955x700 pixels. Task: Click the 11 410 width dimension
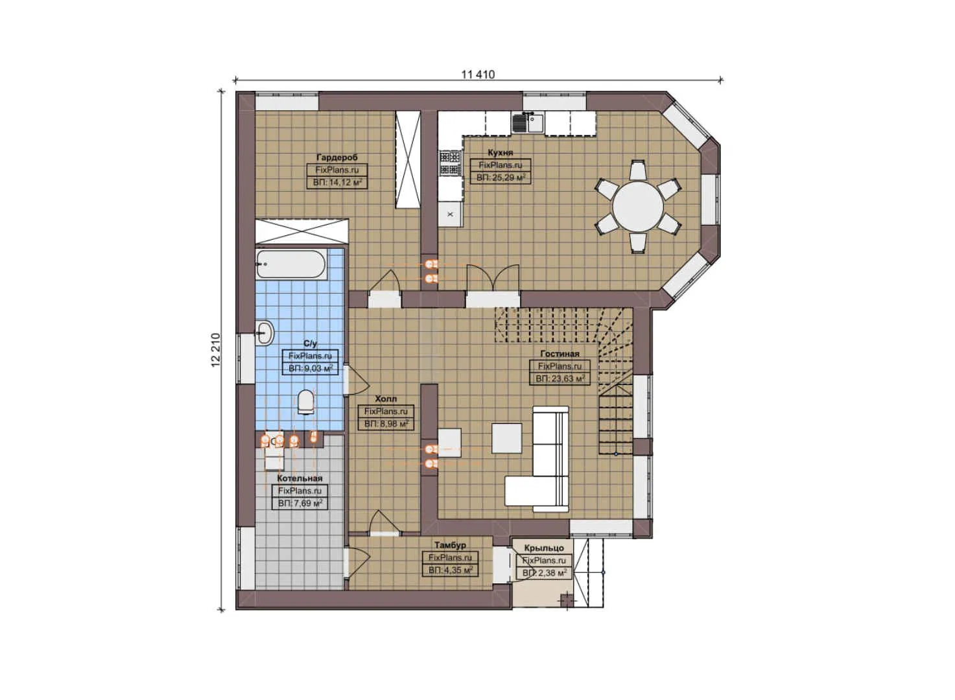click(478, 75)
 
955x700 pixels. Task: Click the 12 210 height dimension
click(217, 351)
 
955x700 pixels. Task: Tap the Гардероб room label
click(336, 157)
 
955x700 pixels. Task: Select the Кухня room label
click(501, 153)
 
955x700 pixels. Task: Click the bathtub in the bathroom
click(290, 264)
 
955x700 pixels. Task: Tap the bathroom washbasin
click(265, 333)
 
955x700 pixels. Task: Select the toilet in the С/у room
click(305, 402)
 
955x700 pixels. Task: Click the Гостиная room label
click(560, 354)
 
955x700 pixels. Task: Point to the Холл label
click(386, 399)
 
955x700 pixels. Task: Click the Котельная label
click(300, 478)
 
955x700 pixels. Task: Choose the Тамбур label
click(450, 545)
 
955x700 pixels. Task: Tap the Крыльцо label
click(543, 548)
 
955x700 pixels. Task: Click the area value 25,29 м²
click(501, 177)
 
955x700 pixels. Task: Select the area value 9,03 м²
click(311, 368)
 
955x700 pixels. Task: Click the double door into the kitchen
click(493, 281)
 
